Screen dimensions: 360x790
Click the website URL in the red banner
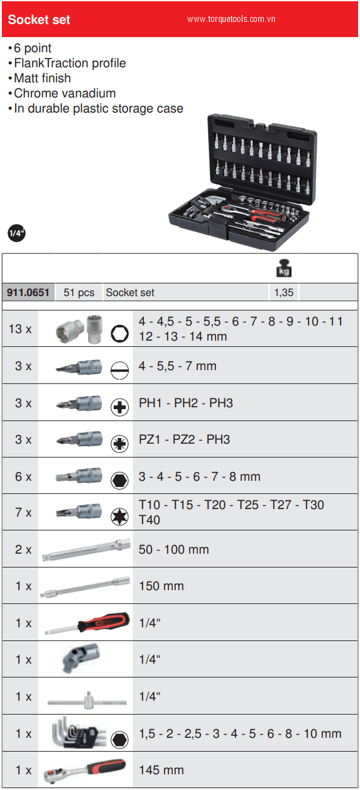click(x=231, y=19)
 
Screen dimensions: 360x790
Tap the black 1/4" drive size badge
click(x=16, y=233)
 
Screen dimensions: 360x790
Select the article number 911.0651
click(x=28, y=292)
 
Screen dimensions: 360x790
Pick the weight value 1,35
click(x=284, y=292)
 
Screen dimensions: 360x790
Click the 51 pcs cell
click(x=79, y=292)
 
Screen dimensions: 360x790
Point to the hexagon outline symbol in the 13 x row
click(x=119, y=333)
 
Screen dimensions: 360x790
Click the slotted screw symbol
click(x=119, y=370)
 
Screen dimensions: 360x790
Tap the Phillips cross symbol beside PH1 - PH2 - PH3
click(x=119, y=407)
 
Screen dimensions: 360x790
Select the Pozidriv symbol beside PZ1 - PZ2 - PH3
click(x=119, y=444)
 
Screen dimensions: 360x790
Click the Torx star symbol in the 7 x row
click(x=119, y=517)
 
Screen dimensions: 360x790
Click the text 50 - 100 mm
click(x=174, y=549)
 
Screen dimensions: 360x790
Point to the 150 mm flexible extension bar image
click(x=85, y=587)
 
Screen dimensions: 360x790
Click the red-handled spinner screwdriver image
click(x=87, y=623)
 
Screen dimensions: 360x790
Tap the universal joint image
click(x=81, y=658)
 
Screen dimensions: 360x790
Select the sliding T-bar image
click(x=87, y=699)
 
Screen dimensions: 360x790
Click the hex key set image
click(x=79, y=732)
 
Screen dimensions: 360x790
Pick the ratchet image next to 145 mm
click(x=85, y=771)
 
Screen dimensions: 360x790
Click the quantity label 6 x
click(x=23, y=477)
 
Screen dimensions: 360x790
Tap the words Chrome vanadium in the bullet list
click(x=65, y=93)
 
